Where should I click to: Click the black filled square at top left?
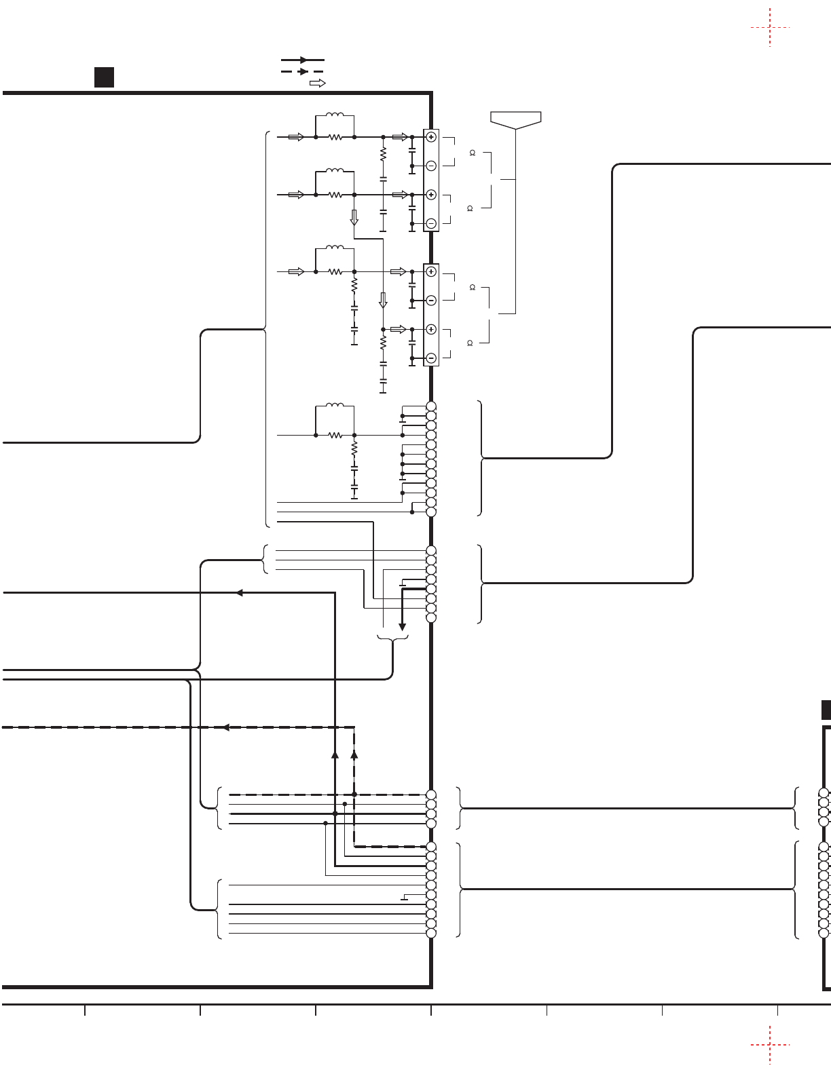tap(104, 77)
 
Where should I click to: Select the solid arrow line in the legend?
tap(303, 60)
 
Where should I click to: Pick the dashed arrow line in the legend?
tap(303, 71)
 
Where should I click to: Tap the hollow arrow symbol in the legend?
tap(317, 83)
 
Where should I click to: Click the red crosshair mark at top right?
tap(770, 28)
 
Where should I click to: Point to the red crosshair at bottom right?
tap(770, 1045)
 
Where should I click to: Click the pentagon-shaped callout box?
tap(516, 119)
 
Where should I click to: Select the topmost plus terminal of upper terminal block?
tap(431, 137)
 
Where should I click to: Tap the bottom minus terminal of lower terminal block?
tap(431, 358)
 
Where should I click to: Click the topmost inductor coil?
tap(335, 115)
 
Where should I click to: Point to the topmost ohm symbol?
tap(472, 153)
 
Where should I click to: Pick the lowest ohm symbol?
tap(470, 343)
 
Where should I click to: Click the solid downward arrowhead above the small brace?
tap(402, 627)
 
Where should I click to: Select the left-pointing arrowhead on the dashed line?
tap(226, 727)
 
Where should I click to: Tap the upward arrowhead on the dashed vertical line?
tap(354, 753)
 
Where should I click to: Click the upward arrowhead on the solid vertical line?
tap(335, 753)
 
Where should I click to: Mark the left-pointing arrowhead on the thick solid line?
tap(239, 593)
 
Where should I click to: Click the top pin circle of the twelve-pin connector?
tap(431, 406)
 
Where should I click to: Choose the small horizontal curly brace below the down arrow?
tap(392, 638)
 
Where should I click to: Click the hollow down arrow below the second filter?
tap(354, 218)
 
